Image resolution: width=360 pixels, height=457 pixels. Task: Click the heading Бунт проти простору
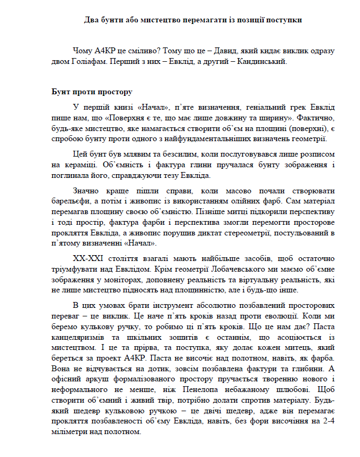click(x=88, y=92)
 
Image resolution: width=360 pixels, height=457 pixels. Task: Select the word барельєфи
click(x=69, y=202)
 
